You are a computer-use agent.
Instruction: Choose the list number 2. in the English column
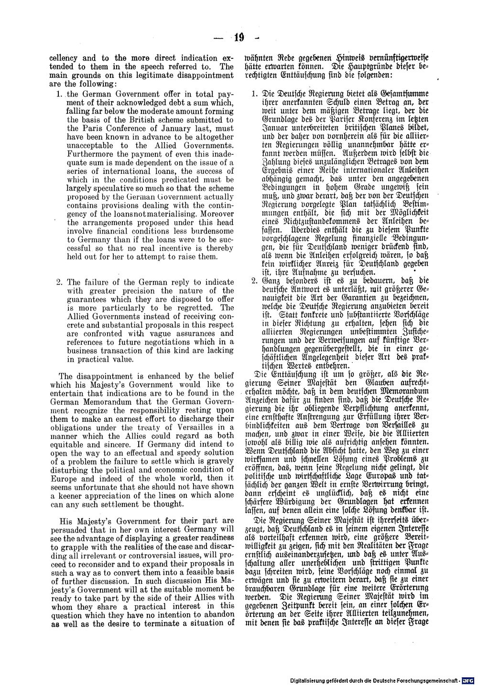tap(60, 282)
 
